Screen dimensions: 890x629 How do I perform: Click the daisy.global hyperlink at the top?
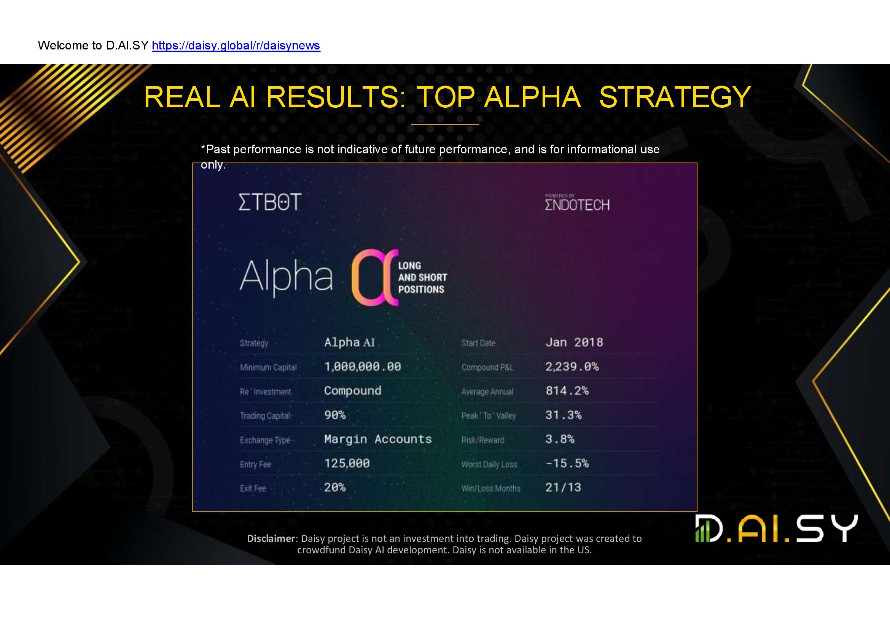[236, 46]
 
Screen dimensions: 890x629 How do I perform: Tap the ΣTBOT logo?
[270, 202]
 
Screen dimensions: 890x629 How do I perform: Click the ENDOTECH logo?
[577, 203]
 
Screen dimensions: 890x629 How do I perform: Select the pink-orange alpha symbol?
[375, 277]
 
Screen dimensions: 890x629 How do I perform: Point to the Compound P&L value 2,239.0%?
[572, 366]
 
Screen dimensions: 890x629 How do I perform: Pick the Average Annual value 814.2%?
[567, 391]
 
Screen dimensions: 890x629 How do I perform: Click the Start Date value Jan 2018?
[575, 342]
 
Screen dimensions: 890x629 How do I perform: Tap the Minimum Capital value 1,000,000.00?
[363, 366]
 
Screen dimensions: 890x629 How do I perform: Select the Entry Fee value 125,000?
[347, 463]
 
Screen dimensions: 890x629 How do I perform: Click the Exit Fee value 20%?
[335, 487]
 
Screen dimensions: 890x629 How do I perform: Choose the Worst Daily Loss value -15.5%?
[567, 463]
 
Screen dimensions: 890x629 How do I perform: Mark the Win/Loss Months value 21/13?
[563, 487]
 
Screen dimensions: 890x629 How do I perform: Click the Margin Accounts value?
[378, 439]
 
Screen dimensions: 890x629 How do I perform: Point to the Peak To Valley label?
[489, 416]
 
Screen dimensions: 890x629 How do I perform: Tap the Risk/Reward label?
[482, 440]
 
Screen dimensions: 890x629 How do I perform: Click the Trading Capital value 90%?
[335, 415]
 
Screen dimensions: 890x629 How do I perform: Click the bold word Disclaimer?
[271, 538]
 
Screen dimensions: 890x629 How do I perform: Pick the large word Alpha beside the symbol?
[286, 277]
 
